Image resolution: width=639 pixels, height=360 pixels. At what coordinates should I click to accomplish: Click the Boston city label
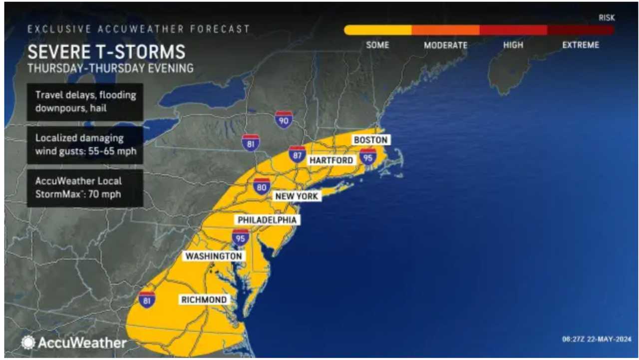[x=371, y=140]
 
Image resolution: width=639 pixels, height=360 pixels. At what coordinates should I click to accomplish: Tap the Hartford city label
[x=331, y=160]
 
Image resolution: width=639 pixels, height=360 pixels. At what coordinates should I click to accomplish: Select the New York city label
[x=297, y=196]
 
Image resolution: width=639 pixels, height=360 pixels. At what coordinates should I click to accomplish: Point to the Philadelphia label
[x=267, y=220]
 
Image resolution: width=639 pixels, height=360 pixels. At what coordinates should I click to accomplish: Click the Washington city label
[x=214, y=256]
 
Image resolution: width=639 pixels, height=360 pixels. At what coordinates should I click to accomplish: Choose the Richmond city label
[x=204, y=300]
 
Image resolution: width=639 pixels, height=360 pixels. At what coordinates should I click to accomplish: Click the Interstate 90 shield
[x=284, y=120]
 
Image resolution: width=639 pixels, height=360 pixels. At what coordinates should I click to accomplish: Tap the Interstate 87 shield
[x=298, y=155]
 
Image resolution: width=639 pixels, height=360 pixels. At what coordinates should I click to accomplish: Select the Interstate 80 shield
[x=262, y=187]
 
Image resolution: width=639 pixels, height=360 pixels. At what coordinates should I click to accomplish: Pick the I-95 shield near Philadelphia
[x=241, y=237]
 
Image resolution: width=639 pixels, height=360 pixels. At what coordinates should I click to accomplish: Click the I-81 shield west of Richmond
[x=147, y=299]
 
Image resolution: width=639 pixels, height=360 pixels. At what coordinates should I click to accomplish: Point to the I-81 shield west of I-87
[x=250, y=143]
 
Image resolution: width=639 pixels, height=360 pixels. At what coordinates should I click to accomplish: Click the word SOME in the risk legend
[x=377, y=45]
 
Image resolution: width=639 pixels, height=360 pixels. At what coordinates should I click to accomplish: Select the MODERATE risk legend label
[x=445, y=45]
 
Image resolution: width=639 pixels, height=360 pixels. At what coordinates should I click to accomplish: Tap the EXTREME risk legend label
[x=580, y=45]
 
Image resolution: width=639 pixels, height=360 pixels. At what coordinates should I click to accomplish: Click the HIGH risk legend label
[x=513, y=45]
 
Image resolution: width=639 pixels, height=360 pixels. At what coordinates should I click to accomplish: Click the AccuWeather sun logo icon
[x=28, y=343]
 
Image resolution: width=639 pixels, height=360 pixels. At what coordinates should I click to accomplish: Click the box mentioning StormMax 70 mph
[x=85, y=188]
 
